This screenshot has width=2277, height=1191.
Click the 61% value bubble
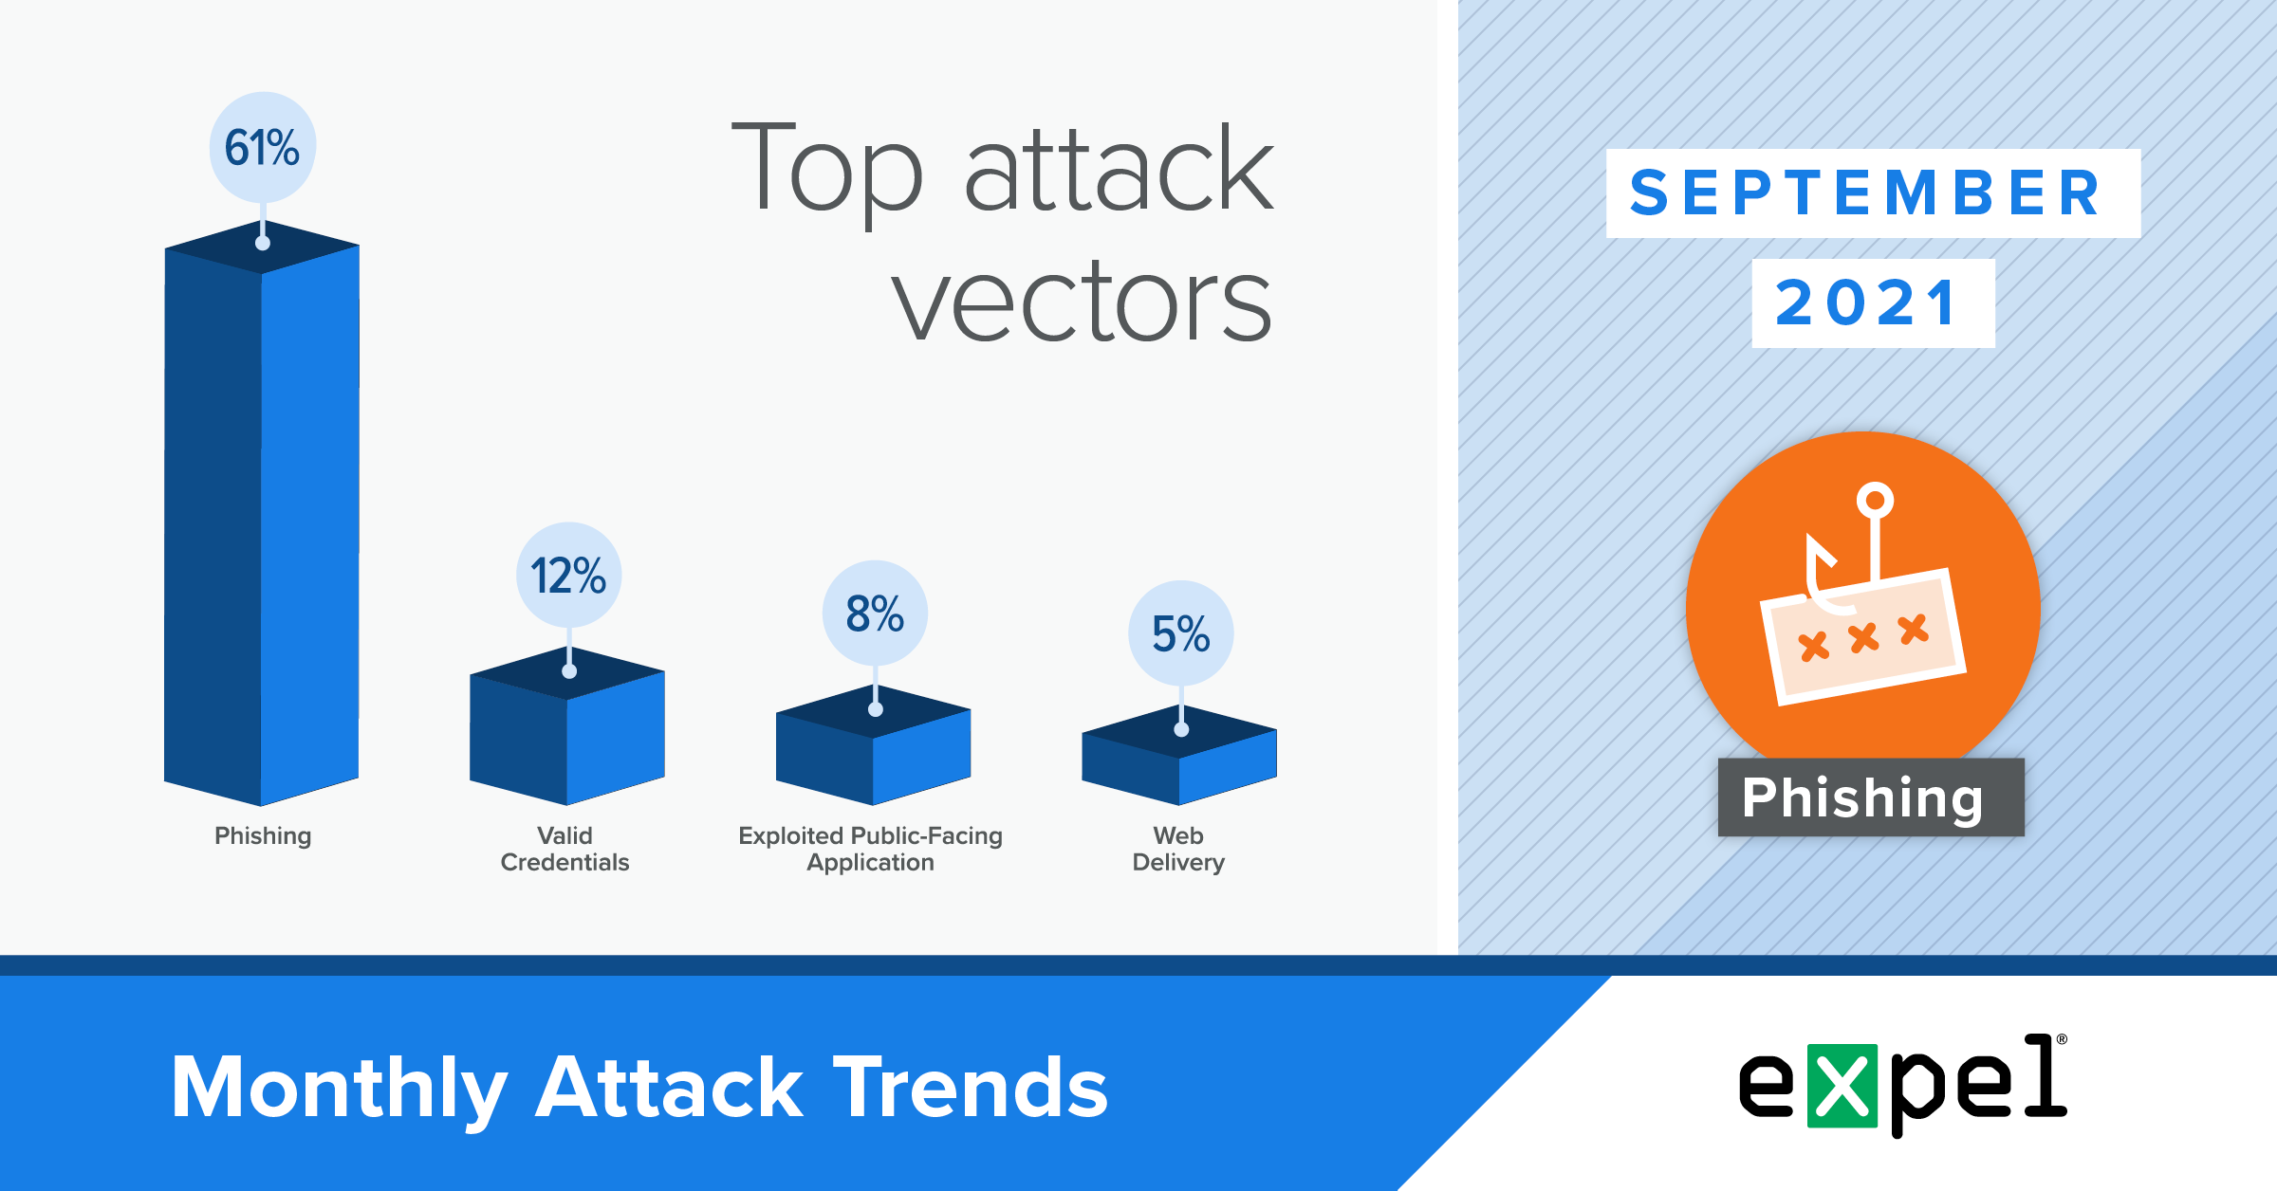263,147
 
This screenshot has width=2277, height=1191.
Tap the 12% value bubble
569,576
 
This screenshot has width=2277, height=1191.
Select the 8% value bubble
875,614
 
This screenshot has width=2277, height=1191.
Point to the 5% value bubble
1181,633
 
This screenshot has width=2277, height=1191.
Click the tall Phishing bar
262,512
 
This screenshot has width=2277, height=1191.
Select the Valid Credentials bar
567,726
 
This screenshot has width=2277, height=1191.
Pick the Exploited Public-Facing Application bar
874,745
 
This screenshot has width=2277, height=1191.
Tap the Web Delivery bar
1179,756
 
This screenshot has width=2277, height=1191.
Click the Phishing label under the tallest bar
263,836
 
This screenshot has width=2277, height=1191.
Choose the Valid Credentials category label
565,849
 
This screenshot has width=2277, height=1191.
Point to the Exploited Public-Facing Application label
871,849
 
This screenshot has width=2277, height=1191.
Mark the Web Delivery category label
1178,849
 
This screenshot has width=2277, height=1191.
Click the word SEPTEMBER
1865,193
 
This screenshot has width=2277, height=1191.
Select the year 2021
1867,303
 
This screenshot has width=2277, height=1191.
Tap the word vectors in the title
1082,302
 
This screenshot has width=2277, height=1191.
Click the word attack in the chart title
1120,169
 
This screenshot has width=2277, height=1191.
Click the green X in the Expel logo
1842,1086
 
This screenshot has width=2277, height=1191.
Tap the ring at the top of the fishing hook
1875,500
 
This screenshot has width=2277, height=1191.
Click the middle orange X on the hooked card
1863,638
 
